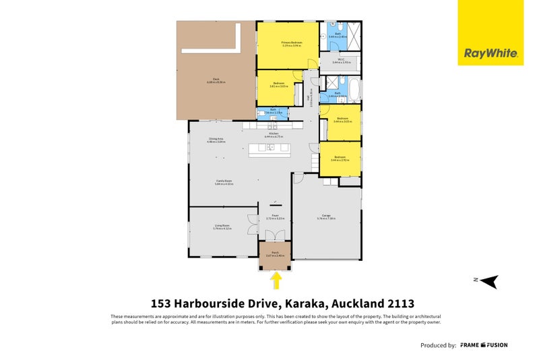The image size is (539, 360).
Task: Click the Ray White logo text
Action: [x=491, y=53]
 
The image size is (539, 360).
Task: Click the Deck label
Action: [x=216, y=80]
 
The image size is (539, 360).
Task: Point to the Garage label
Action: [x=326, y=216]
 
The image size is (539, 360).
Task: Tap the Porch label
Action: [x=275, y=254]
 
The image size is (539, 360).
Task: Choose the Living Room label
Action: [x=222, y=227]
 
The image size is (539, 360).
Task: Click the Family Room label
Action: [x=224, y=182]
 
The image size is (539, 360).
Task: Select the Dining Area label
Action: [x=217, y=140]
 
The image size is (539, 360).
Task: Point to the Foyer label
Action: [x=275, y=216]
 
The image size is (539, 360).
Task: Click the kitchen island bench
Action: [x=269, y=149]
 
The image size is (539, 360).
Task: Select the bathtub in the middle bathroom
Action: [x=352, y=86]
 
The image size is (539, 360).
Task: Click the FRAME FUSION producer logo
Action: [x=484, y=345]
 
